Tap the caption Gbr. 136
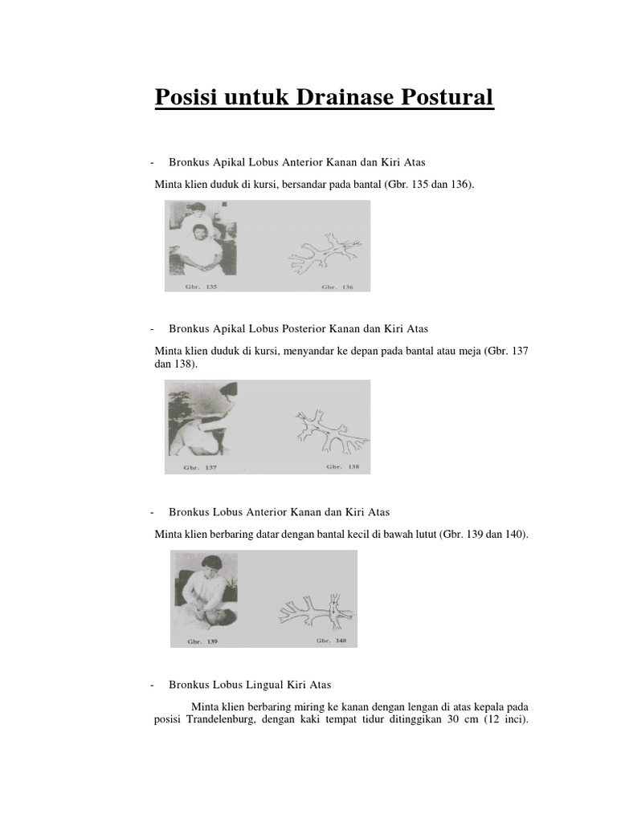(337, 286)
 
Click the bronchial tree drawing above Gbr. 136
(325, 254)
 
